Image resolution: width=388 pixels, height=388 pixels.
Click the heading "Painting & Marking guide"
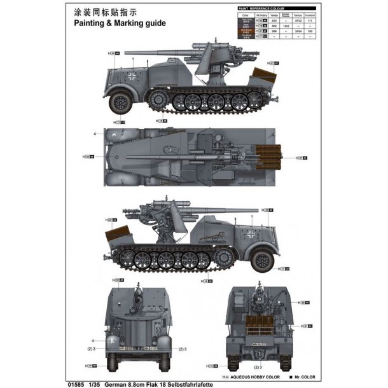[x=119, y=23]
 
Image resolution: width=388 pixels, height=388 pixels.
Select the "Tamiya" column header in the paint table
[x=299, y=14]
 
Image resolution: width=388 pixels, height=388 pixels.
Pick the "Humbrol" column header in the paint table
[x=310, y=14]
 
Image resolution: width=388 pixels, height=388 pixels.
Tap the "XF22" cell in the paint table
[x=299, y=20]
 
